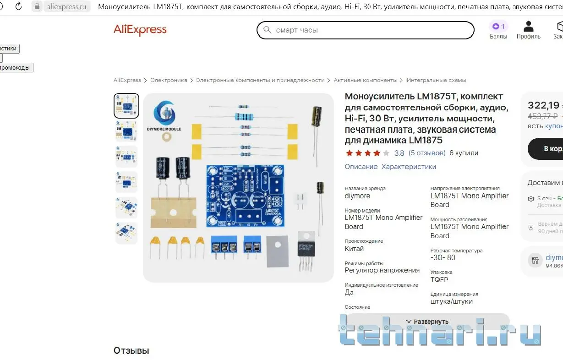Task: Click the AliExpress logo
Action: click(140, 30)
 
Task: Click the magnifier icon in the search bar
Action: click(267, 30)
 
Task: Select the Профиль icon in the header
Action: click(528, 27)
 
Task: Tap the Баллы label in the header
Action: click(498, 37)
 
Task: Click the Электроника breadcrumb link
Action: click(169, 80)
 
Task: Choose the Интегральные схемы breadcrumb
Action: click(436, 80)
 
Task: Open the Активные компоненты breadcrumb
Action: click(365, 80)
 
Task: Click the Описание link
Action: click(361, 167)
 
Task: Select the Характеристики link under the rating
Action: click(409, 167)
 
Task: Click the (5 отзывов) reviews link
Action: click(427, 153)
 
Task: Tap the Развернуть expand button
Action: click(427, 322)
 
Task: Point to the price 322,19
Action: click(543, 105)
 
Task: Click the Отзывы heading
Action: click(131, 351)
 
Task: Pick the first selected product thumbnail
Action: click(126, 106)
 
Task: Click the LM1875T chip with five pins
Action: click(306, 248)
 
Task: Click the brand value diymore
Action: click(357, 196)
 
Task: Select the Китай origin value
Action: click(354, 249)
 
